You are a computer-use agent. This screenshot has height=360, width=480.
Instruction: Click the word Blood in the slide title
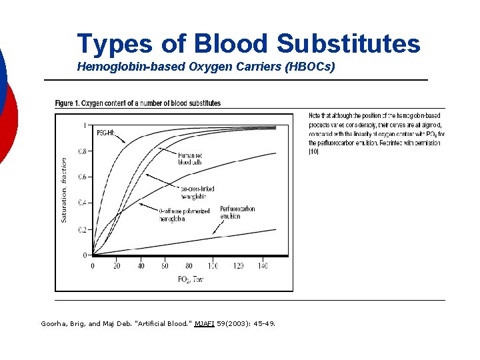(x=231, y=43)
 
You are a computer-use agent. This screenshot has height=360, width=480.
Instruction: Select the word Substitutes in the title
(x=348, y=43)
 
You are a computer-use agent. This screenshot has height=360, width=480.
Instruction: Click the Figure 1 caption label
(x=74, y=103)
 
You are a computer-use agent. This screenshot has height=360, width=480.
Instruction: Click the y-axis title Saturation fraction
(x=65, y=190)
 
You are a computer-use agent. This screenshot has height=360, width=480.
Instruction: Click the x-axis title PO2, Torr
(x=190, y=279)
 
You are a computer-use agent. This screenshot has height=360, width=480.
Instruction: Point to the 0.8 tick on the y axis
(x=81, y=151)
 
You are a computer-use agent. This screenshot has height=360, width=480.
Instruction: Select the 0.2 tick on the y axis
(x=81, y=229)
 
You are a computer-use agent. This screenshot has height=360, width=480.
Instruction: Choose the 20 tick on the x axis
(x=117, y=266)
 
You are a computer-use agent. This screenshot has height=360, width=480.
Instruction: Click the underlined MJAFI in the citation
(x=205, y=324)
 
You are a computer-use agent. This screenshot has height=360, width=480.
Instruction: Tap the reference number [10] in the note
(x=314, y=152)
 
